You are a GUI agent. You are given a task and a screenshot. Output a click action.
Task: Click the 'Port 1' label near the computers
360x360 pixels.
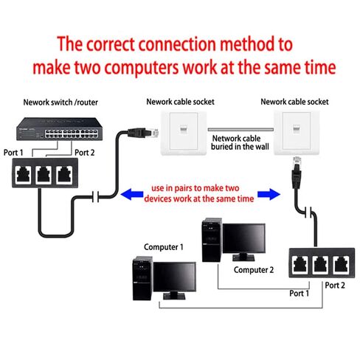point(300,293)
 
